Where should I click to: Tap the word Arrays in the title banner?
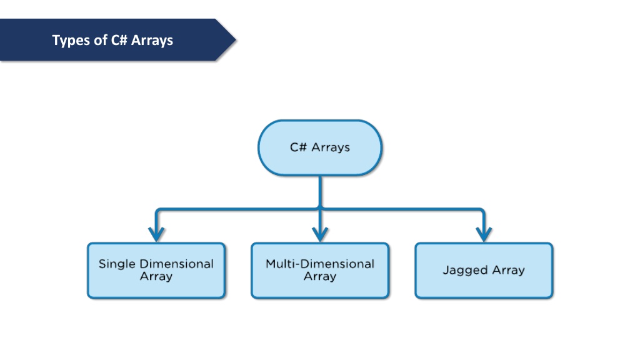click(x=152, y=41)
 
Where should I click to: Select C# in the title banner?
click(x=119, y=40)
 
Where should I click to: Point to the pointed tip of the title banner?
click(x=236, y=40)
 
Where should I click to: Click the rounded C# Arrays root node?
click(x=320, y=147)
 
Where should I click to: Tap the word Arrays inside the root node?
click(x=331, y=147)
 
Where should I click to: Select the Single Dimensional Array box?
click(x=156, y=271)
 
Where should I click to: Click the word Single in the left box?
click(x=117, y=264)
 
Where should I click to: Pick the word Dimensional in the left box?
click(x=176, y=264)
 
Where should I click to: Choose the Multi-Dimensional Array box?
click(x=320, y=271)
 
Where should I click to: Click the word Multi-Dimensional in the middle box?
click(x=320, y=264)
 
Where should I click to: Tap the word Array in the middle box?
click(x=320, y=276)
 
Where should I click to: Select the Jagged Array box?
click(x=484, y=271)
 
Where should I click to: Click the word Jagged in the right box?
click(x=465, y=270)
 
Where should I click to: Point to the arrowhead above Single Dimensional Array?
click(x=156, y=235)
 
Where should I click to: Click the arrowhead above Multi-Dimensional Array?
click(x=320, y=235)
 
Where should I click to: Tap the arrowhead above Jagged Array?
click(x=484, y=235)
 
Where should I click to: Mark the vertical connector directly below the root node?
click(x=320, y=192)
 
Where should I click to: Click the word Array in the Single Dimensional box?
click(x=156, y=276)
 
